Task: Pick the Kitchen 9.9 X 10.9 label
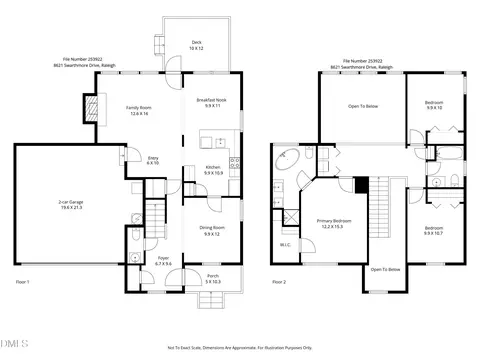[x=213, y=170]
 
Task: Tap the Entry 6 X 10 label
[x=153, y=160]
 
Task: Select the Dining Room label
[x=212, y=231]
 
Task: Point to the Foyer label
[x=163, y=261]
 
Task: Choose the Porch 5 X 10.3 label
[x=212, y=281]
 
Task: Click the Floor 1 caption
[x=24, y=283]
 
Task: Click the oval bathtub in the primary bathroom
[x=284, y=157]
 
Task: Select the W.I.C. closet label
[x=285, y=242]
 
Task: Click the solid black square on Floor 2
[x=362, y=184]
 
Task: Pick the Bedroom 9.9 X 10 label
[x=433, y=105]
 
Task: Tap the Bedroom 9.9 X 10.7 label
[x=434, y=229]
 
